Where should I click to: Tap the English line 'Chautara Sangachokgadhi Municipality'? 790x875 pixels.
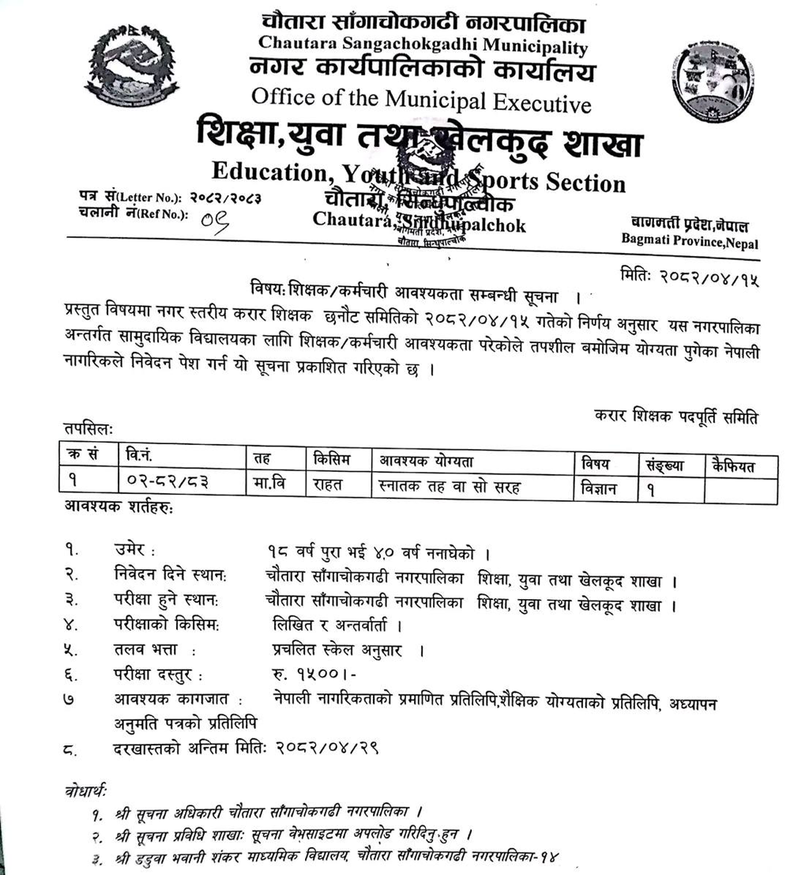[x=423, y=47]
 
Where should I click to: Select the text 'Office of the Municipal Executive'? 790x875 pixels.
[x=421, y=100]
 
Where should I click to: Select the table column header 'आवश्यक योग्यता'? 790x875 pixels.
[x=427, y=461]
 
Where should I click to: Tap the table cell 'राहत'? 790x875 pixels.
[x=332, y=485]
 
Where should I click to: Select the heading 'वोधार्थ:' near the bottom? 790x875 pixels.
[x=82, y=790]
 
